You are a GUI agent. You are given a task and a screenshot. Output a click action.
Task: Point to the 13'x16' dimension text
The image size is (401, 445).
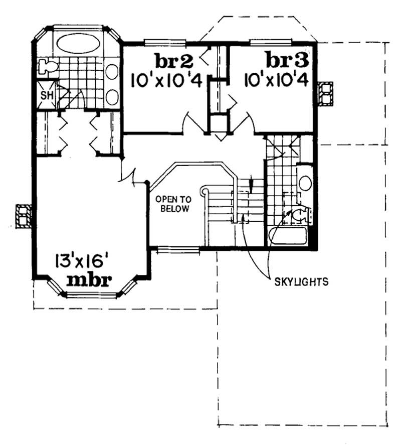tap(82, 261)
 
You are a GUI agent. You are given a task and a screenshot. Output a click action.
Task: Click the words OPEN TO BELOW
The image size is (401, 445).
tap(172, 203)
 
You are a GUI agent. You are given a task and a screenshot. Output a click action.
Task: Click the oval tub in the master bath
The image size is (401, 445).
tap(77, 43)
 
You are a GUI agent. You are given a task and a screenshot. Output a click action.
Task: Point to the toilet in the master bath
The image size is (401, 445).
tap(46, 66)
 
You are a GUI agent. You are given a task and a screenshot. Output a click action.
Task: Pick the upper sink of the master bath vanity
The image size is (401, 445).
tap(112, 71)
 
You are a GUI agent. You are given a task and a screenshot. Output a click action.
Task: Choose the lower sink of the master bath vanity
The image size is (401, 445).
tap(112, 96)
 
